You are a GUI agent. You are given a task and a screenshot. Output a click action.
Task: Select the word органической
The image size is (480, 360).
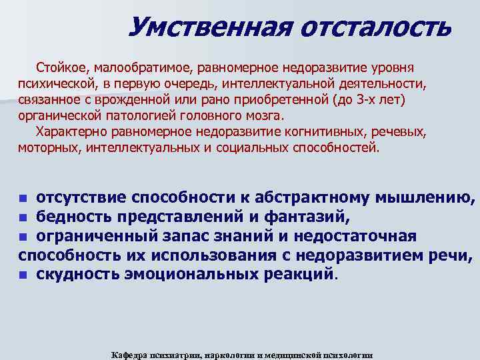point(58,115)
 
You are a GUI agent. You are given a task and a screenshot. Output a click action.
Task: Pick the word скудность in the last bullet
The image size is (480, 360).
point(77,274)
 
